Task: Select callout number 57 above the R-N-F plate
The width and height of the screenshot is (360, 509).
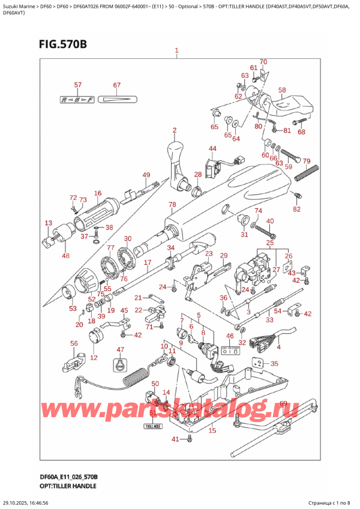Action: (77, 85)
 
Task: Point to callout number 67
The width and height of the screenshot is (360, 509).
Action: (117, 85)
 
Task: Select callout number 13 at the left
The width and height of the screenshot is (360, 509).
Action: (49, 223)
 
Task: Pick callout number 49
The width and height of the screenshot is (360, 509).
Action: (146, 175)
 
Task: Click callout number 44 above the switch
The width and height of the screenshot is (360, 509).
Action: (212, 148)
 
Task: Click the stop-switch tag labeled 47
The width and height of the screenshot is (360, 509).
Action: (119, 364)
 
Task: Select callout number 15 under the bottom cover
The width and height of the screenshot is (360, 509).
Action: (212, 430)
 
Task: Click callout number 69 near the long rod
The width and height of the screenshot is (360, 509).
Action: (283, 403)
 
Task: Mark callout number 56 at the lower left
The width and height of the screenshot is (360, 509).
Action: (74, 343)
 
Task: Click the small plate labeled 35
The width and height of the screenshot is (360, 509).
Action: (259, 363)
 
